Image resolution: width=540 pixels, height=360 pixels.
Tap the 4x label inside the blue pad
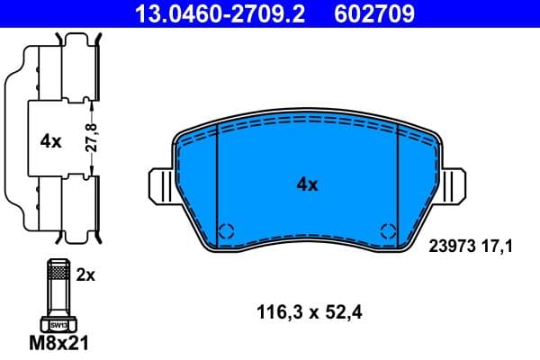[308, 184]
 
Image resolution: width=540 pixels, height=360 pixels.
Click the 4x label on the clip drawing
[50, 141]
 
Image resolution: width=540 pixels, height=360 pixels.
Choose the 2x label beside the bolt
[85, 276]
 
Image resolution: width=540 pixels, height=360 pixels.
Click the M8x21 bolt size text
[59, 343]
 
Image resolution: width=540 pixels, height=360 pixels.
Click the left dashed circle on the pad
[227, 229]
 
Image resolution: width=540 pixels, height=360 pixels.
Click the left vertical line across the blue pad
[219, 184]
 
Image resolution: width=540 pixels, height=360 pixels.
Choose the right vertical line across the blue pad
[397, 184]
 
